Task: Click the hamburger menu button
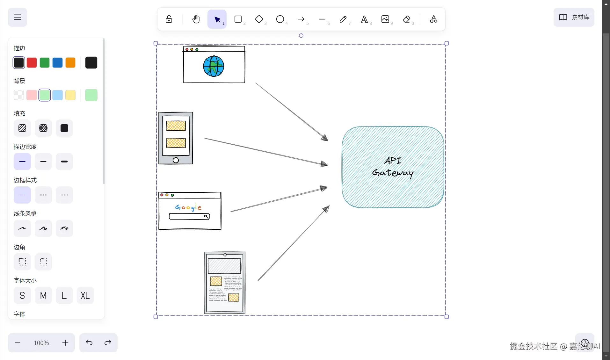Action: pos(18,17)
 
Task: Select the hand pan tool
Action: pos(196,19)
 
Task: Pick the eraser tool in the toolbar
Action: pos(406,19)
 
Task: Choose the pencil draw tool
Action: pos(343,19)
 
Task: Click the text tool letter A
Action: pos(364,19)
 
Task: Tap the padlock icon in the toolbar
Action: pos(169,19)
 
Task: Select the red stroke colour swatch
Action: pos(32,63)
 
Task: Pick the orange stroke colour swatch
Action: pos(70,63)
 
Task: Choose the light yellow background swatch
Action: pos(70,95)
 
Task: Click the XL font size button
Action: pos(85,296)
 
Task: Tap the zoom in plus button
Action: pos(65,343)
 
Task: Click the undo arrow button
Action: pos(89,343)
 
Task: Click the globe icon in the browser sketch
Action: pos(214,66)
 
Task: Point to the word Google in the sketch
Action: pos(188,207)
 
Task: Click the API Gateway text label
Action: pos(393,167)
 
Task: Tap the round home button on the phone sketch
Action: pos(176,160)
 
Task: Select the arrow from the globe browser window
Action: pos(292,112)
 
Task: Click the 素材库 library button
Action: pos(574,17)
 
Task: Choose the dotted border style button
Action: pos(64,195)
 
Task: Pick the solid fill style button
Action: pos(64,128)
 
